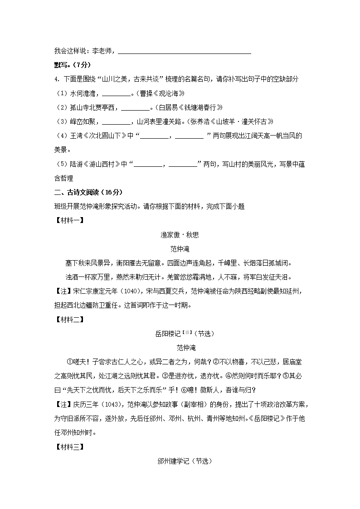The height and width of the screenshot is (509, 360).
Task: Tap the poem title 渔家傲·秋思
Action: point(180,235)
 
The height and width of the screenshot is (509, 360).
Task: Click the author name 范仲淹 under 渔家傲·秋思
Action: point(180,249)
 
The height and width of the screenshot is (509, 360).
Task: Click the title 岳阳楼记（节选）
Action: point(180,334)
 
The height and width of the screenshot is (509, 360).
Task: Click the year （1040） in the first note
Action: point(134,291)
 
